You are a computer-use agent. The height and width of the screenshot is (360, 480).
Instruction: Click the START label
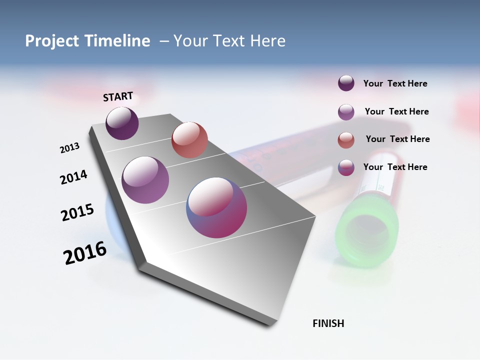point(118,96)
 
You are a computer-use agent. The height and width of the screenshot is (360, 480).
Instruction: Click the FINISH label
point(328,323)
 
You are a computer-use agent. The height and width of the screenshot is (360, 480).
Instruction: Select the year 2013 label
point(69,148)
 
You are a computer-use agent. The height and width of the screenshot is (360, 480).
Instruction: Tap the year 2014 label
point(73,177)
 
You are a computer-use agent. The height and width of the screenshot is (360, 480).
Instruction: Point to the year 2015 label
point(77,212)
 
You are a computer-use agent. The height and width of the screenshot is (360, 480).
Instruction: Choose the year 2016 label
point(85,253)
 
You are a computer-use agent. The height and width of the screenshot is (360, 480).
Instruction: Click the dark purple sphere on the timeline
point(122,123)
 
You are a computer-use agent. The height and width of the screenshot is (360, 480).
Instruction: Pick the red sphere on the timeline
point(189,140)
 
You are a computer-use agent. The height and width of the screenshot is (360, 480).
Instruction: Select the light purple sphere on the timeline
point(145,180)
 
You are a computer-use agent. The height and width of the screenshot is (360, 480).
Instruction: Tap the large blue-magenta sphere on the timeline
point(216,207)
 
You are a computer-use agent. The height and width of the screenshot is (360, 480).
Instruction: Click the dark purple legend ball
point(346,83)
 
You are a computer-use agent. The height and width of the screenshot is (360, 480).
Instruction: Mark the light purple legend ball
point(346,112)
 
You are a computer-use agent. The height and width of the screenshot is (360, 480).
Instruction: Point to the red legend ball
point(346,140)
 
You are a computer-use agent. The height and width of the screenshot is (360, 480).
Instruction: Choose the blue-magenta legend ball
point(346,168)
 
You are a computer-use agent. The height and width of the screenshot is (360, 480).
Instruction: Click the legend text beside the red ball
point(397,139)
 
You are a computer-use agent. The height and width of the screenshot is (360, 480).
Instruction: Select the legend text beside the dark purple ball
point(395,83)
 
